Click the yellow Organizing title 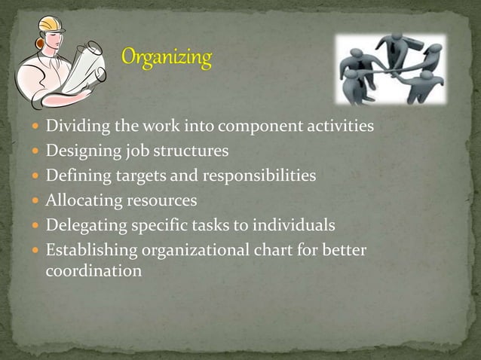tap(167, 58)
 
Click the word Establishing tap(87, 250)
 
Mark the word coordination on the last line tap(93, 270)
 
